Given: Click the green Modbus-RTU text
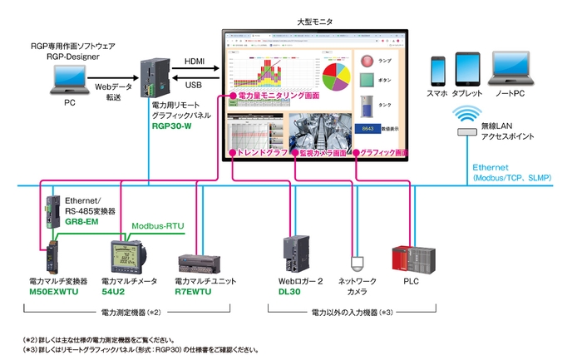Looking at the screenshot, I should [159, 226].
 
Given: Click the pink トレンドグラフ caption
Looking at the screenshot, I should [260, 154].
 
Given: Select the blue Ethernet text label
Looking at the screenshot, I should [493, 167].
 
